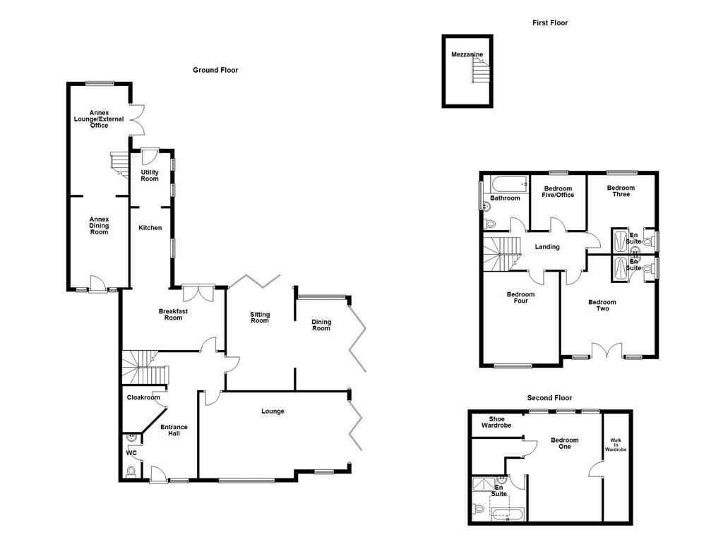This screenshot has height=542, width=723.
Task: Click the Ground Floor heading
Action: tap(215, 70)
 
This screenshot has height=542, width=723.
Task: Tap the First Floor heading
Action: tap(549, 23)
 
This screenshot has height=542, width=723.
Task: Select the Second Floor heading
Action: tap(550, 398)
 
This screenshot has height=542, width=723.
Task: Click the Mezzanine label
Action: tap(467, 54)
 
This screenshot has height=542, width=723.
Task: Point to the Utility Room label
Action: tap(150, 176)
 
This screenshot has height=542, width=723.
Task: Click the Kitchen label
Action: tap(150, 227)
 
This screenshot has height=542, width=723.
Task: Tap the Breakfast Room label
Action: tap(173, 314)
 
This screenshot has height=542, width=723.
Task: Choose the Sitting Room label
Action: tap(260, 318)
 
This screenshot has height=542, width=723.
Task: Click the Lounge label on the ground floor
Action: tap(273, 411)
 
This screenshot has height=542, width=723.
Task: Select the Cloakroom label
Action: tap(143, 397)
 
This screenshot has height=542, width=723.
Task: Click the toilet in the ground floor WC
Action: tap(129, 471)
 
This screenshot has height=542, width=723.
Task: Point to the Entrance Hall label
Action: tap(174, 430)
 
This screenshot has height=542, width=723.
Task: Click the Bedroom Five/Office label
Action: tap(558, 191)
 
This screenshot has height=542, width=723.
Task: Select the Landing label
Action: tap(547, 246)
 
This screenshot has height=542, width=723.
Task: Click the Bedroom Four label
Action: tap(520, 298)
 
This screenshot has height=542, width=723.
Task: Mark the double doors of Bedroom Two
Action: tap(607, 350)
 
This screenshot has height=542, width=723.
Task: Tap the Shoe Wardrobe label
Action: tap(496, 422)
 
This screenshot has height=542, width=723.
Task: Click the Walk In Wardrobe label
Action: tap(615, 445)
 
